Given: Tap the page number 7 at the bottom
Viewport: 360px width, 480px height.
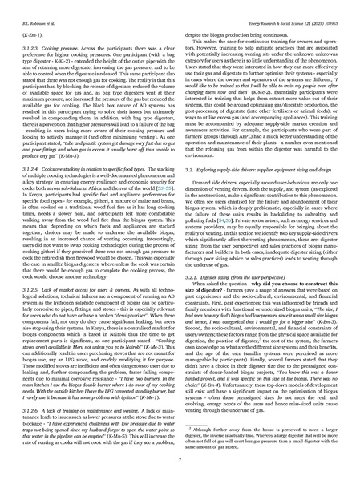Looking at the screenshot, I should pos(180,464).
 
